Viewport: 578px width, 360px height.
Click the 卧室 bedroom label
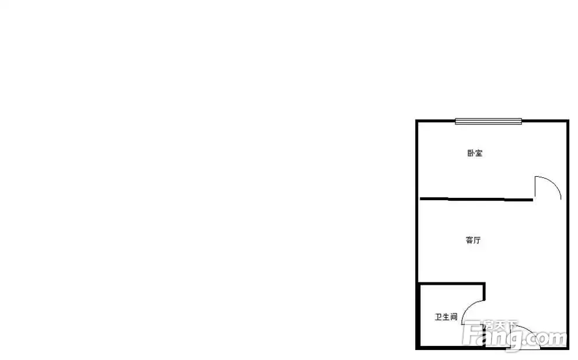pyautogui.click(x=474, y=153)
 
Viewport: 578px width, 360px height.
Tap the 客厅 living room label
pyautogui.click(x=473, y=240)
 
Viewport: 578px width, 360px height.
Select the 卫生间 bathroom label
pyautogui.click(x=445, y=317)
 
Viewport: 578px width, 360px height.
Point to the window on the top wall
pyautogui.click(x=488, y=121)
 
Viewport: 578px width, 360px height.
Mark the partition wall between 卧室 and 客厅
pyautogui.click(x=476, y=200)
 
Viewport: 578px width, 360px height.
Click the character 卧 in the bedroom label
pyautogui.click(x=470, y=153)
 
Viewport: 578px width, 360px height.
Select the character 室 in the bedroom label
pyautogui.click(x=478, y=153)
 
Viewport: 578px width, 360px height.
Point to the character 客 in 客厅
pyautogui.click(x=469, y=240)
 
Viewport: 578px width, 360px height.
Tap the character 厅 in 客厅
pyautogui.click(x=477, y=240)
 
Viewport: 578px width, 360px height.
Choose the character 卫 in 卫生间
pyautogui.click(x=438, y=317)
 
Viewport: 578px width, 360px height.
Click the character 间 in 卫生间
pyautogui.click(x=453, y=317)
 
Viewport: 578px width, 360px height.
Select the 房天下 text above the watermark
pyautogui.click(x=501, y=324)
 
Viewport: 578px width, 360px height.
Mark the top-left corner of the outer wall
pyautogui.click(x=417, y=121)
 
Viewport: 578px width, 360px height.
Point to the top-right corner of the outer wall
pyautogui.click(x=567, y=121)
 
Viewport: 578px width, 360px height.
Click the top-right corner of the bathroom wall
pyautogui.click(x=483, y=284)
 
